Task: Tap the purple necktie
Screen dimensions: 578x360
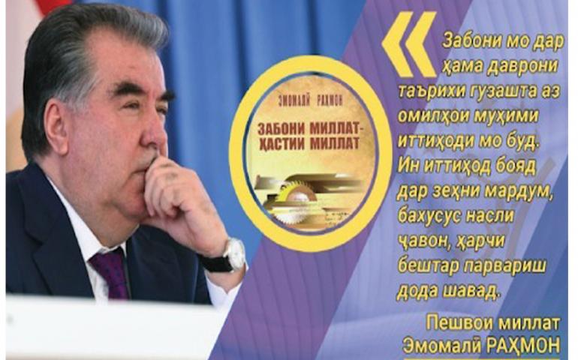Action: [x=110, y=273]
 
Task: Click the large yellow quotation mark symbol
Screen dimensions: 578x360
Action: [x=409, y=44]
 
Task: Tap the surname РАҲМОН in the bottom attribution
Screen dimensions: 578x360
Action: [x=522, y=346]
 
